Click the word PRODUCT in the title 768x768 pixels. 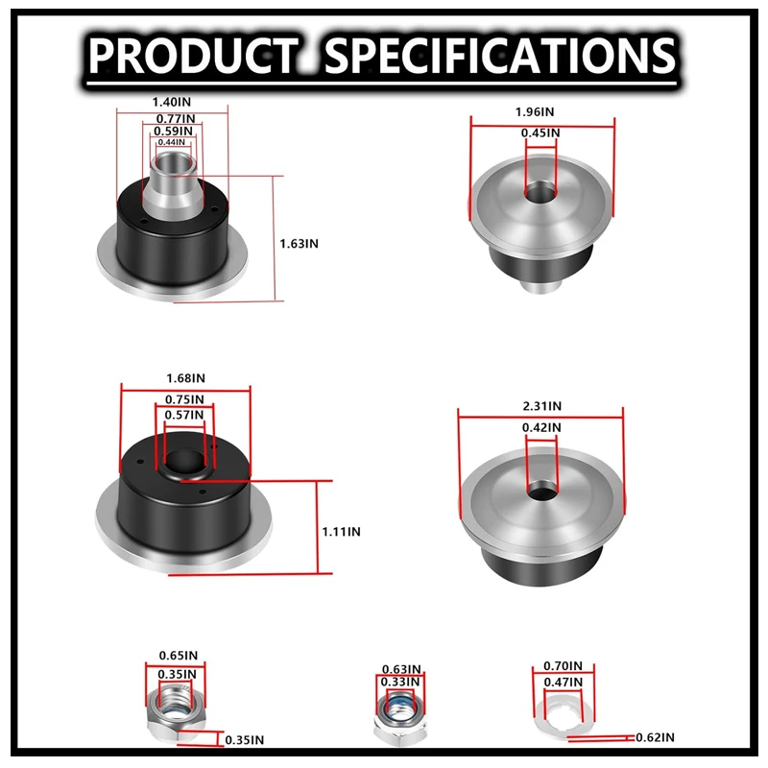[x=194, y=56]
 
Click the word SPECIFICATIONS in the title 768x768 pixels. [x=499, y=56]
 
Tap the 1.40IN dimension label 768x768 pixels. [x=172, y=102]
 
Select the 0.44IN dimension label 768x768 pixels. [x=172, y=142]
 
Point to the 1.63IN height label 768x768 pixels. [x=299, y=244]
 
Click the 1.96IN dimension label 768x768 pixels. [x=535, y=111]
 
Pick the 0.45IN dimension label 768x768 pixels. [x=540, y=132]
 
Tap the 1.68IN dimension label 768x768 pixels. [x=185, y=378]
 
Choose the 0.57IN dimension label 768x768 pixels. [x=184, y=415]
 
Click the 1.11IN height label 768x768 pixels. [x=342, y=532]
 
